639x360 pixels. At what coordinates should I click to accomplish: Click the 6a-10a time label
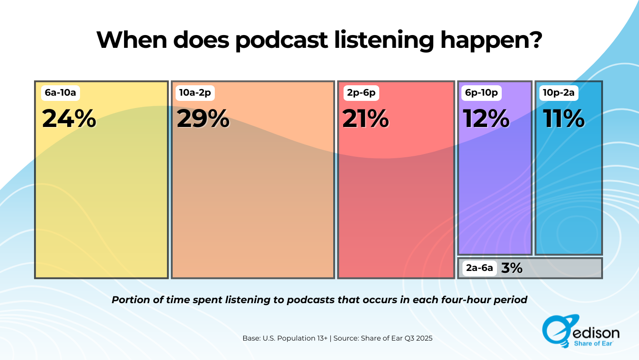60,93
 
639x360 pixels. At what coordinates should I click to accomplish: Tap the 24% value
69,118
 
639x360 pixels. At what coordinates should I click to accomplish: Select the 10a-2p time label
195,93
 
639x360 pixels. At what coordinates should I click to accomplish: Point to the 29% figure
203,118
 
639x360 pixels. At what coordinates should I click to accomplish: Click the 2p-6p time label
361,93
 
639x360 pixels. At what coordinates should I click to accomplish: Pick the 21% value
365,118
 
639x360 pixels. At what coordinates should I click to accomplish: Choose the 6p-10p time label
480,93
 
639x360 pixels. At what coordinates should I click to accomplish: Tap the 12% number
487,118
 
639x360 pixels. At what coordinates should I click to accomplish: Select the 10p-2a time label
558,93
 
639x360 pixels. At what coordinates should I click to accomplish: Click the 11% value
564,118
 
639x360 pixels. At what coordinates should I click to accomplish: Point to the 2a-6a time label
479,268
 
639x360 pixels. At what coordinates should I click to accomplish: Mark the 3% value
512,268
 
